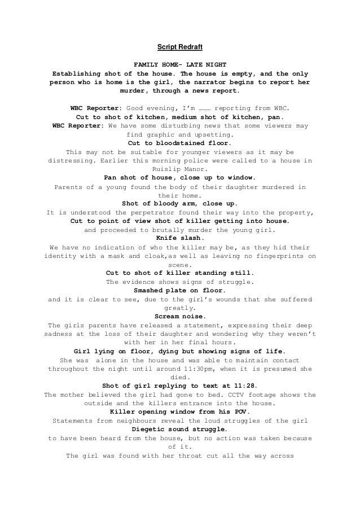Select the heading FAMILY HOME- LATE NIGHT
tap(179, 65)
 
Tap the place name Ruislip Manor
tap(179, 169)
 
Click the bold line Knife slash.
tap(179, 238)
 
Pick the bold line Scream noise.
tap(179, 317)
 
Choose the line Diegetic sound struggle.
tap(179, 429)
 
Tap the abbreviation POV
tap(242, 412)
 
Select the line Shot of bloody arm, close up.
tap(179, 203)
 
